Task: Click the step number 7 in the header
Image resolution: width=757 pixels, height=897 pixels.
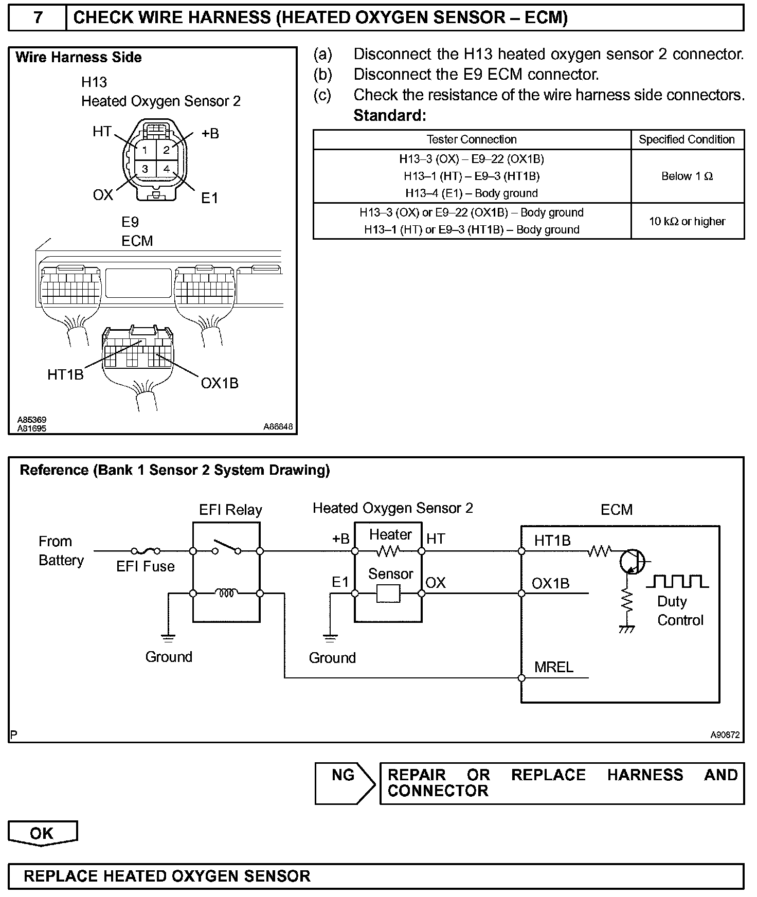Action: tap(38, 18)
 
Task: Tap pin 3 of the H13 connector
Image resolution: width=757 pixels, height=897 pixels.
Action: tap(145, 169)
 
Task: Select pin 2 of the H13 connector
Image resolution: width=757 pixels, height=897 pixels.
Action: tap(166, 150)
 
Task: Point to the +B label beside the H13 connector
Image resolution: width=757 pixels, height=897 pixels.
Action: tap(210, 134)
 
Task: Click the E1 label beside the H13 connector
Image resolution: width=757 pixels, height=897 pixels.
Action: tap(209, 198)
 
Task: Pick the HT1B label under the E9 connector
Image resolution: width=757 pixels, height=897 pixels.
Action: tap(65, 374)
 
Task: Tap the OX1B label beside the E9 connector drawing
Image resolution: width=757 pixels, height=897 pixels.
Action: tap(220, 383)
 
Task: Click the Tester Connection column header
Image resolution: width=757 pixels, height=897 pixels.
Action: tap(472, 139)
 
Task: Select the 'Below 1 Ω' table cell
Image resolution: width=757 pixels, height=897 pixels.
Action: tap(687, 176)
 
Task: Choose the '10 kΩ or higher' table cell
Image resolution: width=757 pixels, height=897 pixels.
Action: tap(687, 221)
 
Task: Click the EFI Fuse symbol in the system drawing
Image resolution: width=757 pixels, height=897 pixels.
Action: tap(146, 551)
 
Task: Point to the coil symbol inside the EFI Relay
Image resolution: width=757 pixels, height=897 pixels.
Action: tap(226, 593)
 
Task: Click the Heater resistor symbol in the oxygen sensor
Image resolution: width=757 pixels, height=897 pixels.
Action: tap(388, 551)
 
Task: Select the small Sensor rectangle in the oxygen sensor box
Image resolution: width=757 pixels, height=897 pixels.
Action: tap(388, 594)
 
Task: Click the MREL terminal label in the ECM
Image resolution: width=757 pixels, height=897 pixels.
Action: tap(554, 667)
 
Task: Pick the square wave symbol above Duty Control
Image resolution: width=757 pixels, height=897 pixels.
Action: tap(677, 581)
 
